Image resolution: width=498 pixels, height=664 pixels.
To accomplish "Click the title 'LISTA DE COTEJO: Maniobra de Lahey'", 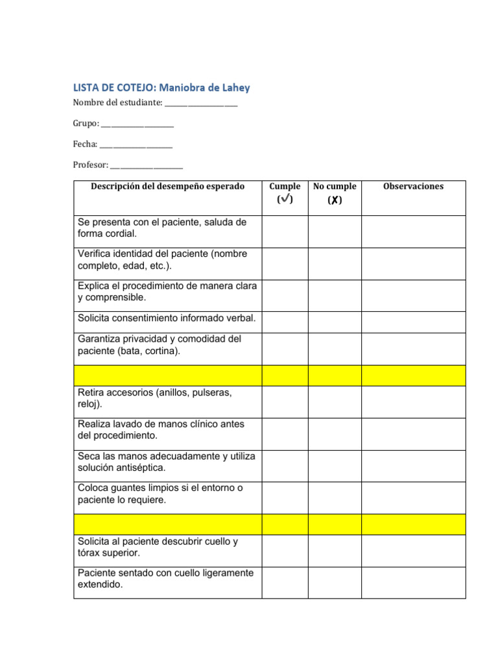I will pos(161,88).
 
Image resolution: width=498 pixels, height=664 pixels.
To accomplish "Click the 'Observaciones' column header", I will pos(413,186).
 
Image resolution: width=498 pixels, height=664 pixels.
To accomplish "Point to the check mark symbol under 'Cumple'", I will pos(285,200).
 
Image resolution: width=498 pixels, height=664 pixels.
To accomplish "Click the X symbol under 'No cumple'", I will pos(334,200).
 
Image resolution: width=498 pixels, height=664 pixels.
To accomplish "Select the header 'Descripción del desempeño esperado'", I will pos(167,186).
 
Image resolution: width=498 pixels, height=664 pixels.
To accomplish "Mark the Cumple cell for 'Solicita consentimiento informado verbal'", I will pos(285,322).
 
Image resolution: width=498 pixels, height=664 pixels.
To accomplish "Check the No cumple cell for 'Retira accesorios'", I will pos(334,402).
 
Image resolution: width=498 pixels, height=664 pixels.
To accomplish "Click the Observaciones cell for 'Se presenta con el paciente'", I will pos(413,231).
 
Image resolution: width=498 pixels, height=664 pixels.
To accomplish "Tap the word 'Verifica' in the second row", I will pos(96,254).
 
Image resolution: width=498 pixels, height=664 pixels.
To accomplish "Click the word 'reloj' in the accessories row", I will pos(89,404).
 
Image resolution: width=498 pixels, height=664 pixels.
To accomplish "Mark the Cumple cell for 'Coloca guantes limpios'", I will pos(285,498).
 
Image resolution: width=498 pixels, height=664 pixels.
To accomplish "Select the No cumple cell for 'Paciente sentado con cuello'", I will pos(334,582).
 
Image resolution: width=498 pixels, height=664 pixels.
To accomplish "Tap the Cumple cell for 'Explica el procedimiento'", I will pos(285,296).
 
